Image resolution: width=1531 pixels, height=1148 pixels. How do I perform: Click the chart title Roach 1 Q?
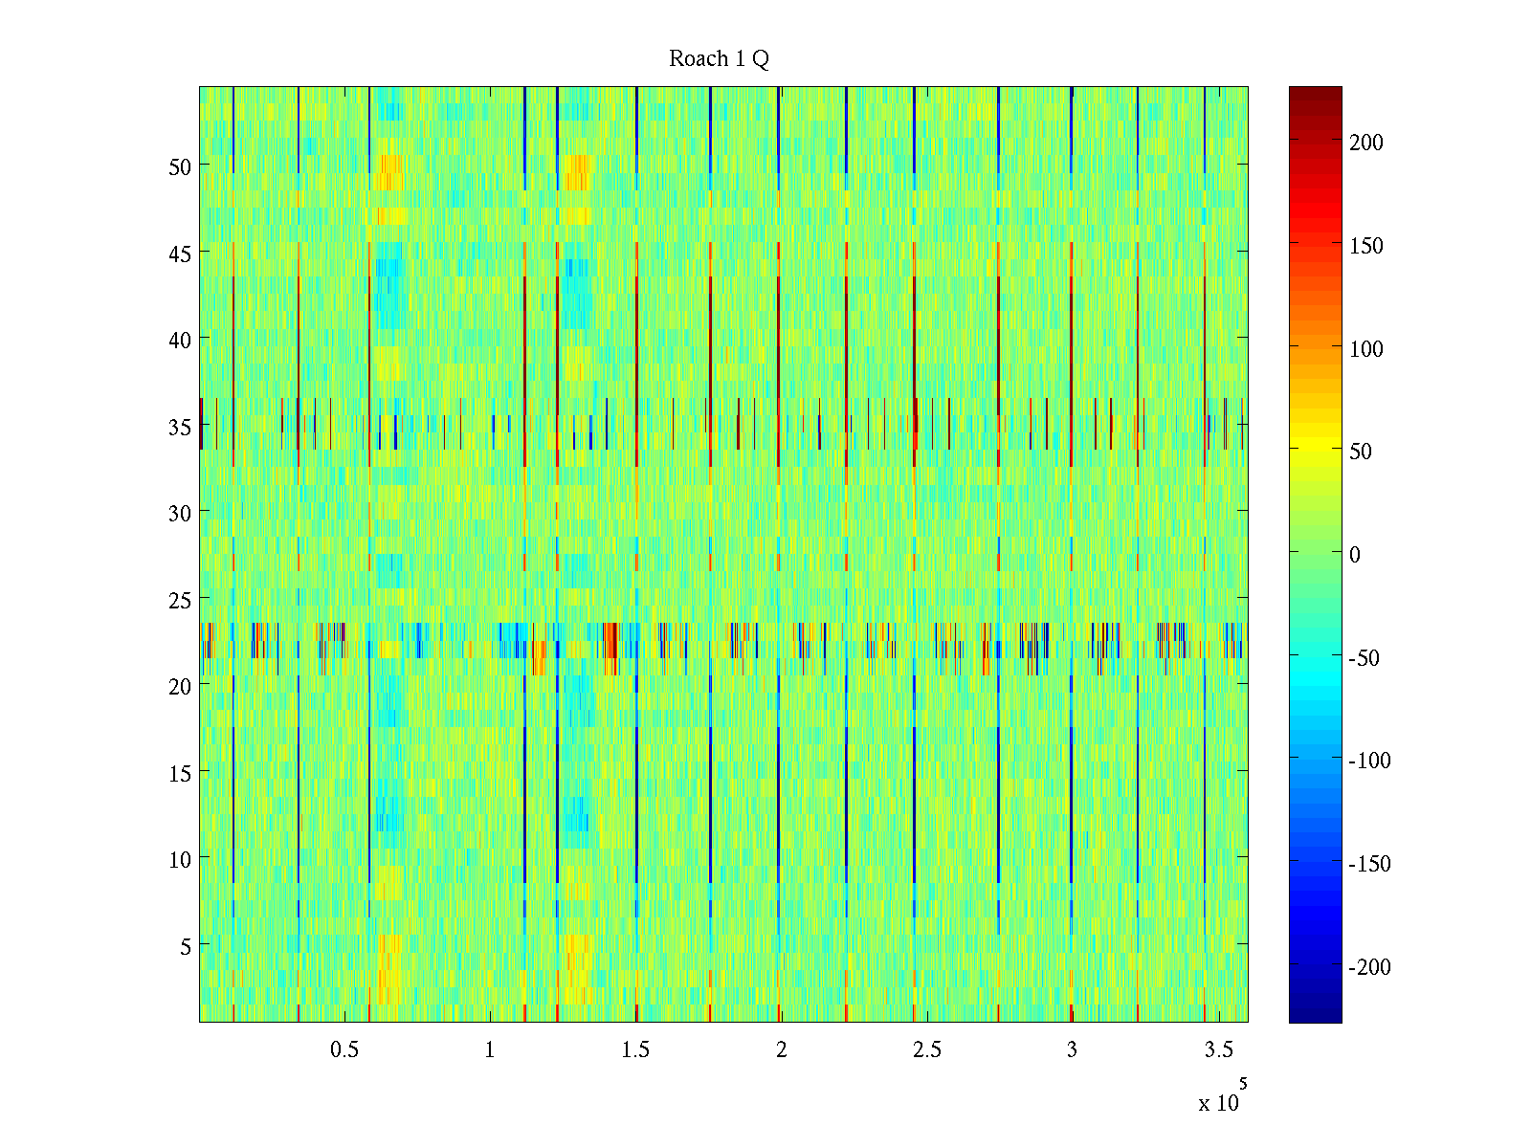(x=719, y=59)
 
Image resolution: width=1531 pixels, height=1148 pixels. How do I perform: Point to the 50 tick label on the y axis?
(x=180, y=166)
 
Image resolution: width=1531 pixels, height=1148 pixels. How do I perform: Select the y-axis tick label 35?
(x=180, y=427)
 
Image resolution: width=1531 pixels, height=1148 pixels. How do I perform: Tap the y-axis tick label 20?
(x=180, y=686)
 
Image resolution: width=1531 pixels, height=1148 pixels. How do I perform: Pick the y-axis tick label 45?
(x=180, y=254)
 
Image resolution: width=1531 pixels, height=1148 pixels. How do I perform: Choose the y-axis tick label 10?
(x=180, y=859)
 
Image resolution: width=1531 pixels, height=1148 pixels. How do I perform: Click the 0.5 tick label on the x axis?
(x=344, y=1050)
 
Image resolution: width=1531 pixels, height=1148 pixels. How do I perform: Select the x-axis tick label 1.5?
(x=635, y=1050)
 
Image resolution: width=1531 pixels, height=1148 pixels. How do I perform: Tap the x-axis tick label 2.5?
(x=926, y=1050)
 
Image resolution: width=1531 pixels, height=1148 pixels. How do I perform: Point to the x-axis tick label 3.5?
(x=1218, y=1050)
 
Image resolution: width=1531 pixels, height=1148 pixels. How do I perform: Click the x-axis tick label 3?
(x=1072, y=1050)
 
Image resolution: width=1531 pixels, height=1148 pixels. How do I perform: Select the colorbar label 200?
(x=1366, y=143)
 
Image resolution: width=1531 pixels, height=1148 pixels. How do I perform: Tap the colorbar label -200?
(x=1369, y=967)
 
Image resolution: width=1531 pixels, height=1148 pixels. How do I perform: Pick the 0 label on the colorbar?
(x=1354, y=555)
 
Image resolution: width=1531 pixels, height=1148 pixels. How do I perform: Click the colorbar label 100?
(x=1366, y=349)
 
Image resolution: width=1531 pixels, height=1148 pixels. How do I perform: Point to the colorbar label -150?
(x=1369, y=864)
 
